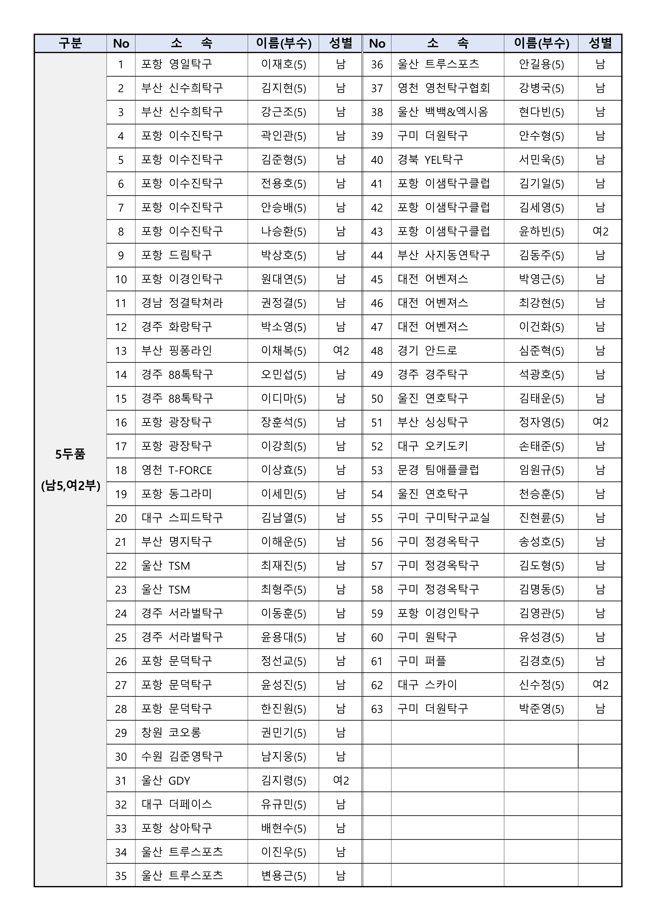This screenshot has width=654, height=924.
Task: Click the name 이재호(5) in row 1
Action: (284, 64)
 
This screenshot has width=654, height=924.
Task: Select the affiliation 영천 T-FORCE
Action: (176, 470)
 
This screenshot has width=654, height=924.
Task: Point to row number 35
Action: (121, 876)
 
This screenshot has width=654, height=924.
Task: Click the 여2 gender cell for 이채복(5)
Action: (341, 351)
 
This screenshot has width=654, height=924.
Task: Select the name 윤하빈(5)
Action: (541, 232)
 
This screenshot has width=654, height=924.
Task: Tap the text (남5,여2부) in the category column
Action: (70, 486)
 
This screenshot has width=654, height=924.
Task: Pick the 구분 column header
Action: (70, 43)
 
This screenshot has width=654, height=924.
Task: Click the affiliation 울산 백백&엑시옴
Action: (443, 112)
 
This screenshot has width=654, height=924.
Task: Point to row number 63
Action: (377, 709)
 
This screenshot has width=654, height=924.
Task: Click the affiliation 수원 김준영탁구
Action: (182, 757)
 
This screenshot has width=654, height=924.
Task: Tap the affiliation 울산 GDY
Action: (165, 781)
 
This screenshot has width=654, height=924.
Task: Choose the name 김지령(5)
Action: (284, 781)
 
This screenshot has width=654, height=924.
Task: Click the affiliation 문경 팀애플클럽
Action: (438, 470)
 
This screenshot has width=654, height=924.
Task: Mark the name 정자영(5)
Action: (541, 422)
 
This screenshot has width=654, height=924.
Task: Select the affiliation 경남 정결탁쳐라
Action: (182, 303)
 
